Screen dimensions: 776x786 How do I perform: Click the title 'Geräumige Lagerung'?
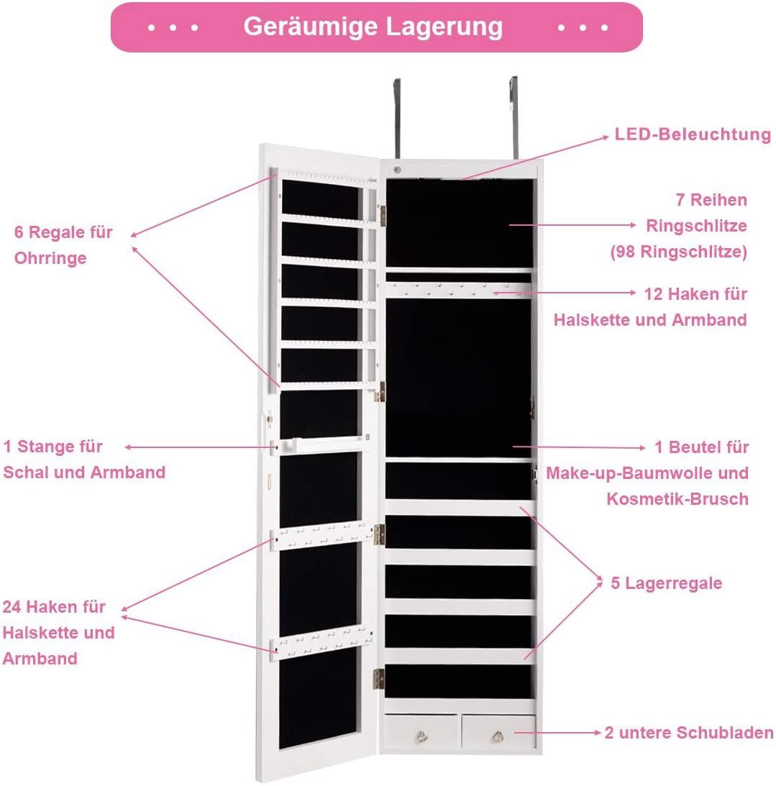[373, 27]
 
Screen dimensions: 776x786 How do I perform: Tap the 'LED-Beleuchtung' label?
[693, 134]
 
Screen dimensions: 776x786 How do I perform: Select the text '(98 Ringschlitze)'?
[679, 252]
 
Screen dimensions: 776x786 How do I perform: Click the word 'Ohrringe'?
[50, 258]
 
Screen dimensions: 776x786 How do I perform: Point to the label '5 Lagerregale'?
[666, 583]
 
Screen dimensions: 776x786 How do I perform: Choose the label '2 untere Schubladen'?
[689, 732]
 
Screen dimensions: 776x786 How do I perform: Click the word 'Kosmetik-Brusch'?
[677, 499]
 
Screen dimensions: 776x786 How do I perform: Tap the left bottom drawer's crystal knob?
[421, 736]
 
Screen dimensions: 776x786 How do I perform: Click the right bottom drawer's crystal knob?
[497, 736]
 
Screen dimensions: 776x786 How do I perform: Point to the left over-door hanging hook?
[397, 118]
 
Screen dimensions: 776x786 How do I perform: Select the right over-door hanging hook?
[513, 116]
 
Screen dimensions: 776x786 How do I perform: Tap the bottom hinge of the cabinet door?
[379, 679]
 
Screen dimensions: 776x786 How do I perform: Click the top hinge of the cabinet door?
[382, 216]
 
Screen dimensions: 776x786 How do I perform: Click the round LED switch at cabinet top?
[397, 170]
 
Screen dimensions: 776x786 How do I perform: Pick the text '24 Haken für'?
[54, 606]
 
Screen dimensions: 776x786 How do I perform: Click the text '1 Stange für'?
[53, 446]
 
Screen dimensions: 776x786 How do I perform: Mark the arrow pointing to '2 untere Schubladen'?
[557, 732]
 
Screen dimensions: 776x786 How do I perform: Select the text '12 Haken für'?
[695, 293]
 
